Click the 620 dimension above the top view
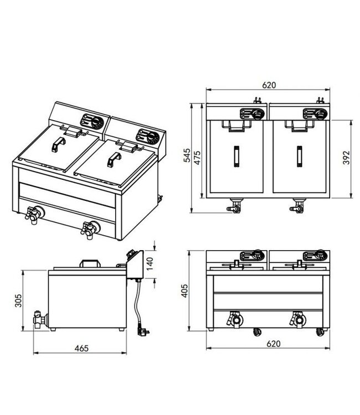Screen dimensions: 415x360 tap(269, 85)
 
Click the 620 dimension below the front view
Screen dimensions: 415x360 tap(269, 344)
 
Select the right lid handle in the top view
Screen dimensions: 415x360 tap(300, 154)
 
